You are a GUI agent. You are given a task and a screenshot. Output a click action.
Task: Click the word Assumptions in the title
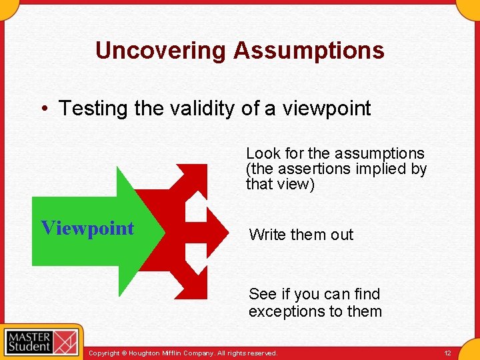[309, 51]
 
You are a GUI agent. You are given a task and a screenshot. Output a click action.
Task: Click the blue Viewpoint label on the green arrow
[87, 228]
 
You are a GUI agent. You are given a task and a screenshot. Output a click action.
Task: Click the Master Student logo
[41, 341]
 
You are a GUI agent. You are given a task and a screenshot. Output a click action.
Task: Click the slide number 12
[447, 352]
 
